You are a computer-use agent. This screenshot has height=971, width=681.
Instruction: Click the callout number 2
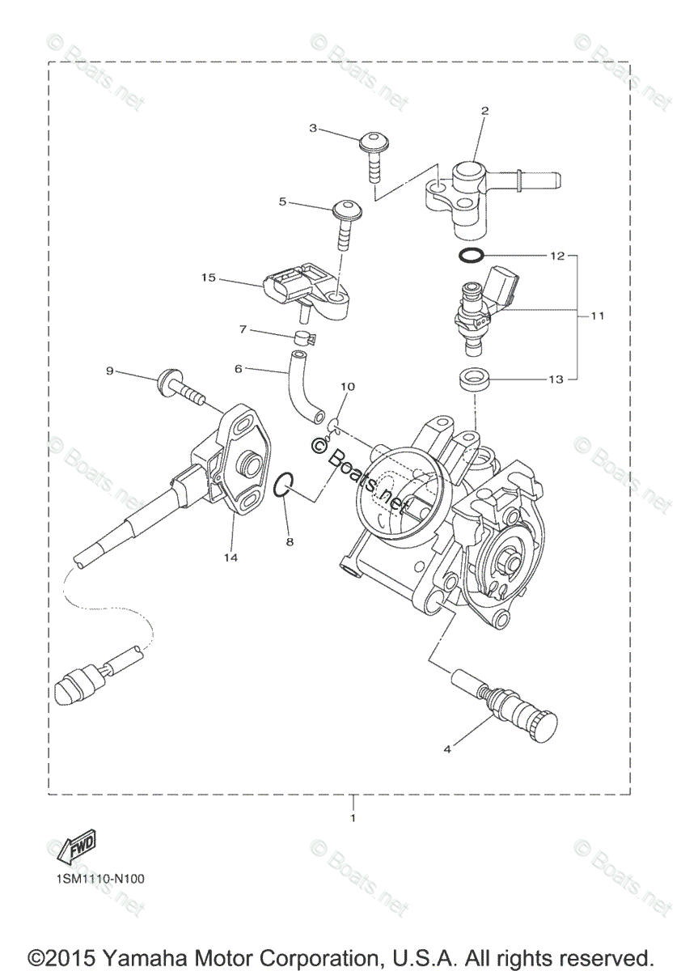pyautogui.click(x=484, y=111)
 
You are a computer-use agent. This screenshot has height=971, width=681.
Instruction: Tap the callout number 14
pyautogui.click(x=232, y=558)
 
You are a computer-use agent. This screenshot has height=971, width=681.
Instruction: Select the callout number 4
pyautogui.click(x=446, y=748)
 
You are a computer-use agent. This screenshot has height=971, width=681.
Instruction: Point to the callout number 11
pyautogui.click(x=597, y=316)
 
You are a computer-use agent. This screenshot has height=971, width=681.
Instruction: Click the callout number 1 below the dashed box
pyautogui.click(x=353, y=818)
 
